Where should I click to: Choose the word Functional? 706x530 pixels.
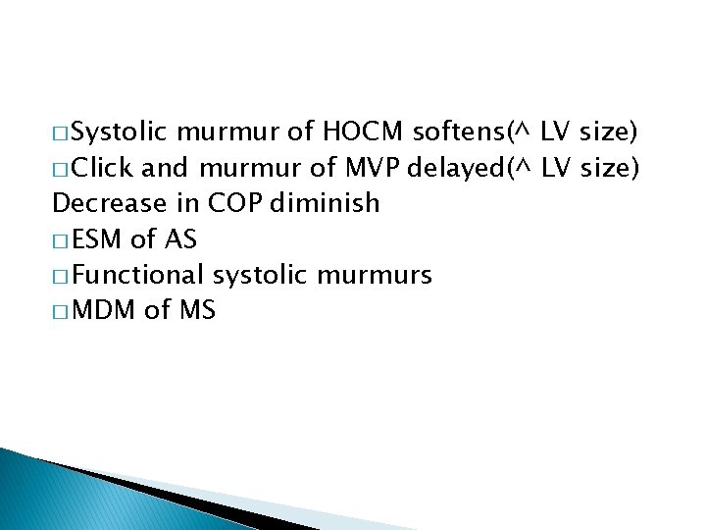[x=139, y=275]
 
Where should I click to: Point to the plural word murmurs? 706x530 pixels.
[x=376, y=275]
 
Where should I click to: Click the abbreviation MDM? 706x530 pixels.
[x=102, y=311]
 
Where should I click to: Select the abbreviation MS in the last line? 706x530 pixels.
[x=194, y=311]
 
